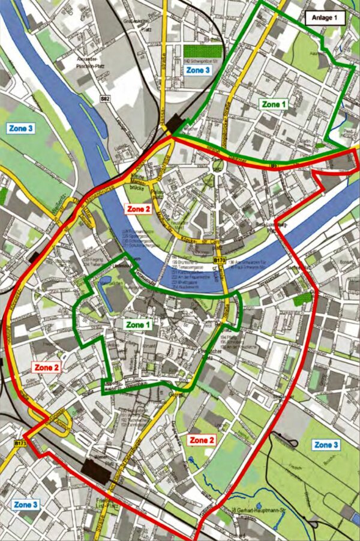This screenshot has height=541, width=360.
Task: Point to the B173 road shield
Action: click(x=20, y=444)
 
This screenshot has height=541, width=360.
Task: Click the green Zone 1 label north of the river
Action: click(x=274, y=104)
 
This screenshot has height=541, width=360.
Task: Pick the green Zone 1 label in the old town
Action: click(x=139, y=324)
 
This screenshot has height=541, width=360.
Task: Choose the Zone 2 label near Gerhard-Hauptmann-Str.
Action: click(x=202, y=440)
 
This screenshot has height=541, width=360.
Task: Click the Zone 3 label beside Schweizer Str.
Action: click(x=198, y=70)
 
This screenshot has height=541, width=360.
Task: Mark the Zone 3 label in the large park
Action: click(x=327, y=445)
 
